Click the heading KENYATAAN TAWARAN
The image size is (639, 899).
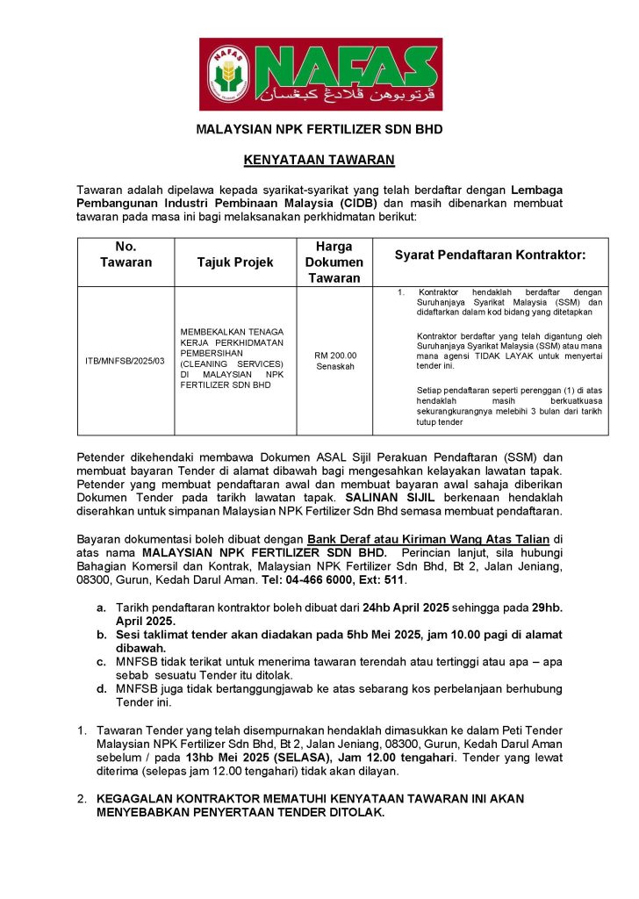319,160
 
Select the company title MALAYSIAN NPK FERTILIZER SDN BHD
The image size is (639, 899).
319,129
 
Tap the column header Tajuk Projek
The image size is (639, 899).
235,262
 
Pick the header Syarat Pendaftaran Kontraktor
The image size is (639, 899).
490,255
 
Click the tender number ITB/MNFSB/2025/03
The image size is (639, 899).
125,361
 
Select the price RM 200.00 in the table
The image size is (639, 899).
334,355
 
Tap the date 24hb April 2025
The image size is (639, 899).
406,606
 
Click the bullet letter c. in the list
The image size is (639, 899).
102,660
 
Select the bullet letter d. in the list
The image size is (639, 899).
102,688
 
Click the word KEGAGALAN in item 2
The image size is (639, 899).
137,799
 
